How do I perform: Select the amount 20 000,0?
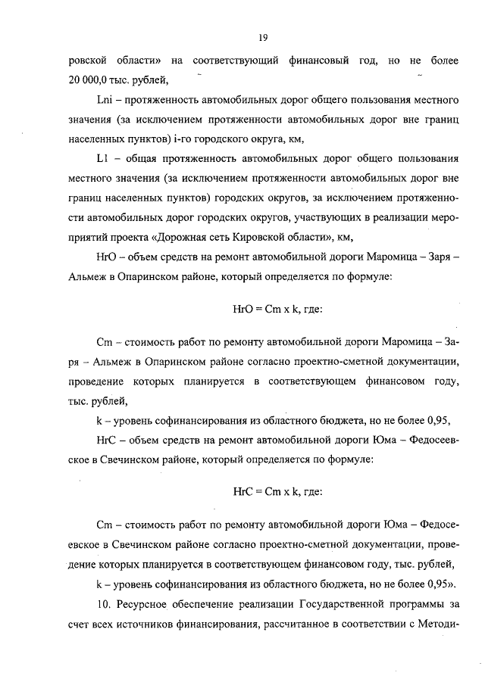coord(89,78)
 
